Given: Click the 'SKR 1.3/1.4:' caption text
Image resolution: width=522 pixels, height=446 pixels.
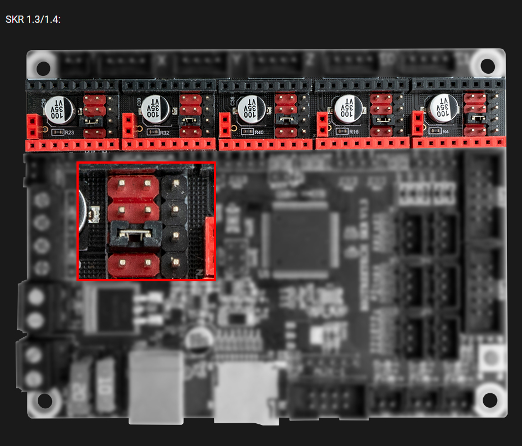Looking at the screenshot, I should (x=33, y=19).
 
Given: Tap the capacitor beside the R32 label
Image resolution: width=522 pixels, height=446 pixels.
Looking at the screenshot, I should (x=153, y=107).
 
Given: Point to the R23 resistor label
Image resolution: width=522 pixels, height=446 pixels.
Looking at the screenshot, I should (x=69, y=133).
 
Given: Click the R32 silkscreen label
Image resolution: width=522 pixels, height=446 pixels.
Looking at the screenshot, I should (x=164, y=133).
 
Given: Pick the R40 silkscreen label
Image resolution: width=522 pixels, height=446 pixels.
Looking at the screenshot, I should (x=260, y=133).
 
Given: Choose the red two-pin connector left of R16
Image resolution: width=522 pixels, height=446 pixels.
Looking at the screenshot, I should (x=323, y=124).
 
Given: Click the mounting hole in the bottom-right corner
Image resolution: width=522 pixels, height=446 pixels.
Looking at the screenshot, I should (x=489, y=400).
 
